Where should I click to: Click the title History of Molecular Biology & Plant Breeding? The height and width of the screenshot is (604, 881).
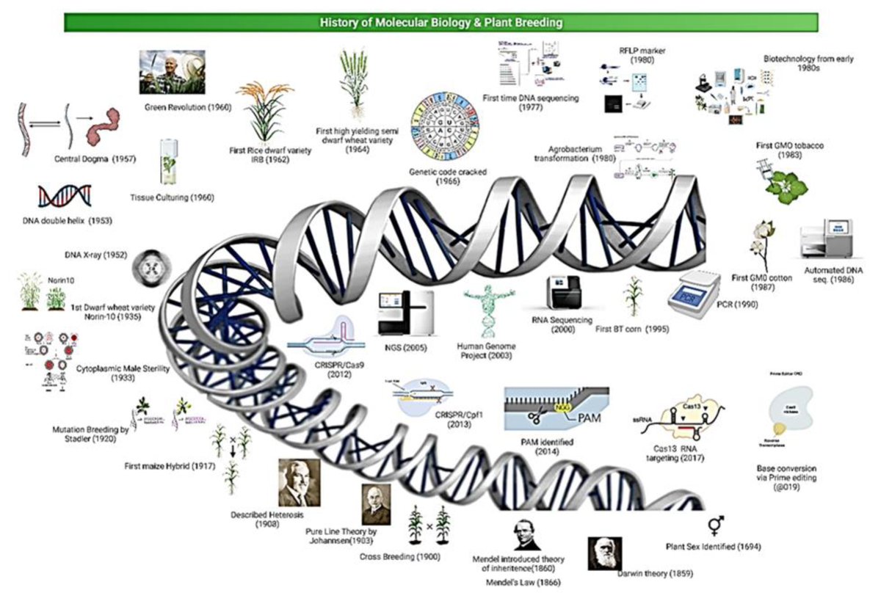click(441, 22)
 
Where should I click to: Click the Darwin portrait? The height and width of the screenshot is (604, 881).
click(605, 553)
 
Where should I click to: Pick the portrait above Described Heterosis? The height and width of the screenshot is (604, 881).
click(299, 482)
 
